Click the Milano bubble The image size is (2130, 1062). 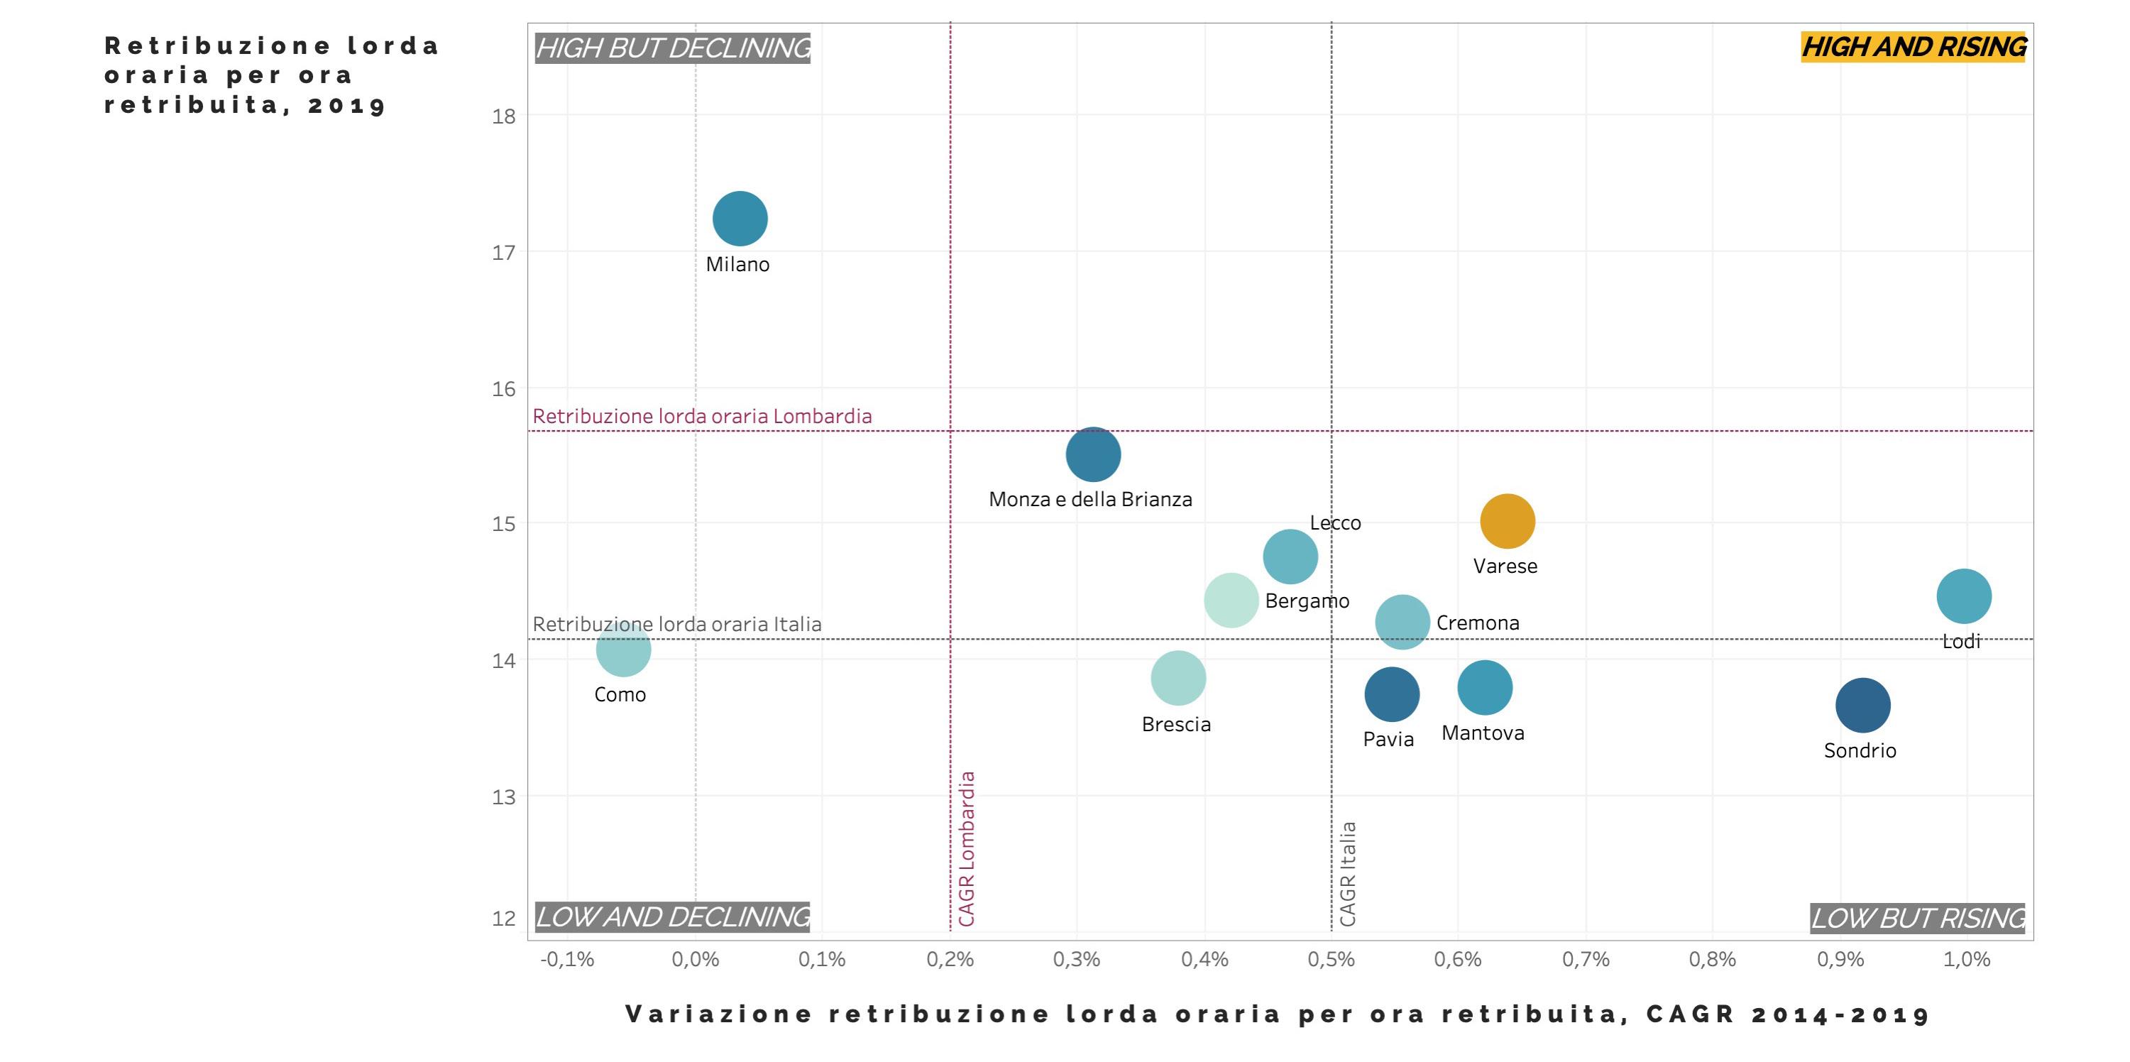pyautogui.click(x=740, y=219)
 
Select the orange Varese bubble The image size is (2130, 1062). pyautogui.click(x=1508, y=521)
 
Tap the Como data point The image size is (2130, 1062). pyautogui.click(x=623, y=650)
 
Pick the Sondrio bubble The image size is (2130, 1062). pyautogui.click(x=1863, y=706)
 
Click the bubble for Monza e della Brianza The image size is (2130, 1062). pyautogui.click(x=1093, y=454)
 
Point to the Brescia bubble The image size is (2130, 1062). pyautogui.click(x=1178, y=678)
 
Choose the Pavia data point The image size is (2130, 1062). pyautogui.click(x=1392, y=695)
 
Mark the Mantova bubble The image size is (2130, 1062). pyautogui.click(x=1485, y=687)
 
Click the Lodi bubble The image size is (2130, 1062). pyautogui.click(x=1964, y=596)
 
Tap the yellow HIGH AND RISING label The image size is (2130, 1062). pyautogui.click(x=1914, y=47)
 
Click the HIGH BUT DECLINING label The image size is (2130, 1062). pyautogui.click(x=673, y=48)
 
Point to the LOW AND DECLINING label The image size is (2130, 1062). pyautogui.click(x=673, y=916)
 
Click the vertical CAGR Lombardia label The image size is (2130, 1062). pyautogui.click(x=967, y=848)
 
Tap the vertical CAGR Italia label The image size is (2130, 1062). pyautogui.click(x=1348, y=873)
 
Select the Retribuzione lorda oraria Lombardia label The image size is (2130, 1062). pyautogui.click(x=702, y=416)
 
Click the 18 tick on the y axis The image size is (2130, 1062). pyautogui.click(x=503, y=116)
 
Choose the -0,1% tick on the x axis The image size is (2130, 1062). pyautogui.click(x=567, y=960)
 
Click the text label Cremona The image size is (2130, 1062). pyautogui.click(x=1478, y=623)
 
